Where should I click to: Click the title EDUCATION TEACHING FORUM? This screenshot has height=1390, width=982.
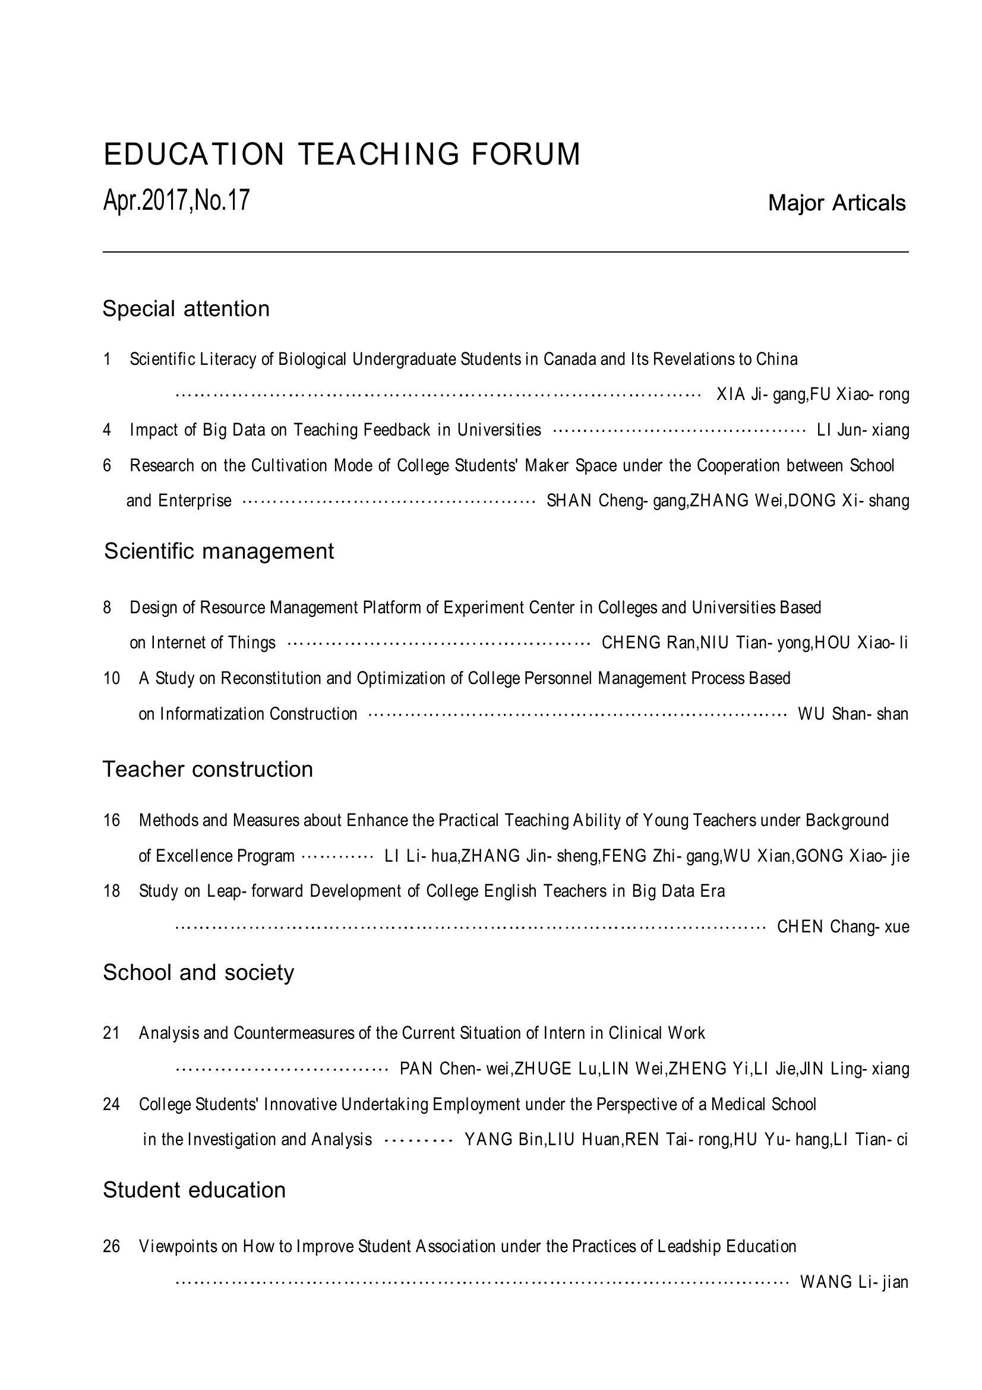tap(342, 154)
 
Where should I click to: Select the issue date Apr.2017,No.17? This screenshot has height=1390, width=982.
tap(176, 200)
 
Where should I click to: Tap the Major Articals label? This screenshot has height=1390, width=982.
tap(836, 203)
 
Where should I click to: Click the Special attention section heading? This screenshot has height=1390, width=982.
tap(186, 309)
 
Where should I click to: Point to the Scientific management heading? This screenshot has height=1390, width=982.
tap(219, 551)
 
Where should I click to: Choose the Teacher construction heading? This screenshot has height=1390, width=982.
tap(207, 770)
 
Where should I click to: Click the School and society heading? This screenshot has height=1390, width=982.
tap(198, 972)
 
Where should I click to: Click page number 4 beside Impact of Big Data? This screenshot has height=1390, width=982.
tap(107, 430)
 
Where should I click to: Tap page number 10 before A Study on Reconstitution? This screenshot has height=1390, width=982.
tap(112, 678)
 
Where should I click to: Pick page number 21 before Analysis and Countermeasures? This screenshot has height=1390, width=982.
tap(112, 1033)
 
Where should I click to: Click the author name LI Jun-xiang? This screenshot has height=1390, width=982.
tap(863, 430)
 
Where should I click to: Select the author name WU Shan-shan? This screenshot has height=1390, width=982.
tap(853, 714)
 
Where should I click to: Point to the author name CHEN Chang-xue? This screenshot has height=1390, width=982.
tap(843, 926)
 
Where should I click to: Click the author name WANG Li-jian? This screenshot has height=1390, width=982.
tap(854, 1282)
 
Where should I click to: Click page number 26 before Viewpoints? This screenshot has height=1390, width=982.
tap(112, 1246)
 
